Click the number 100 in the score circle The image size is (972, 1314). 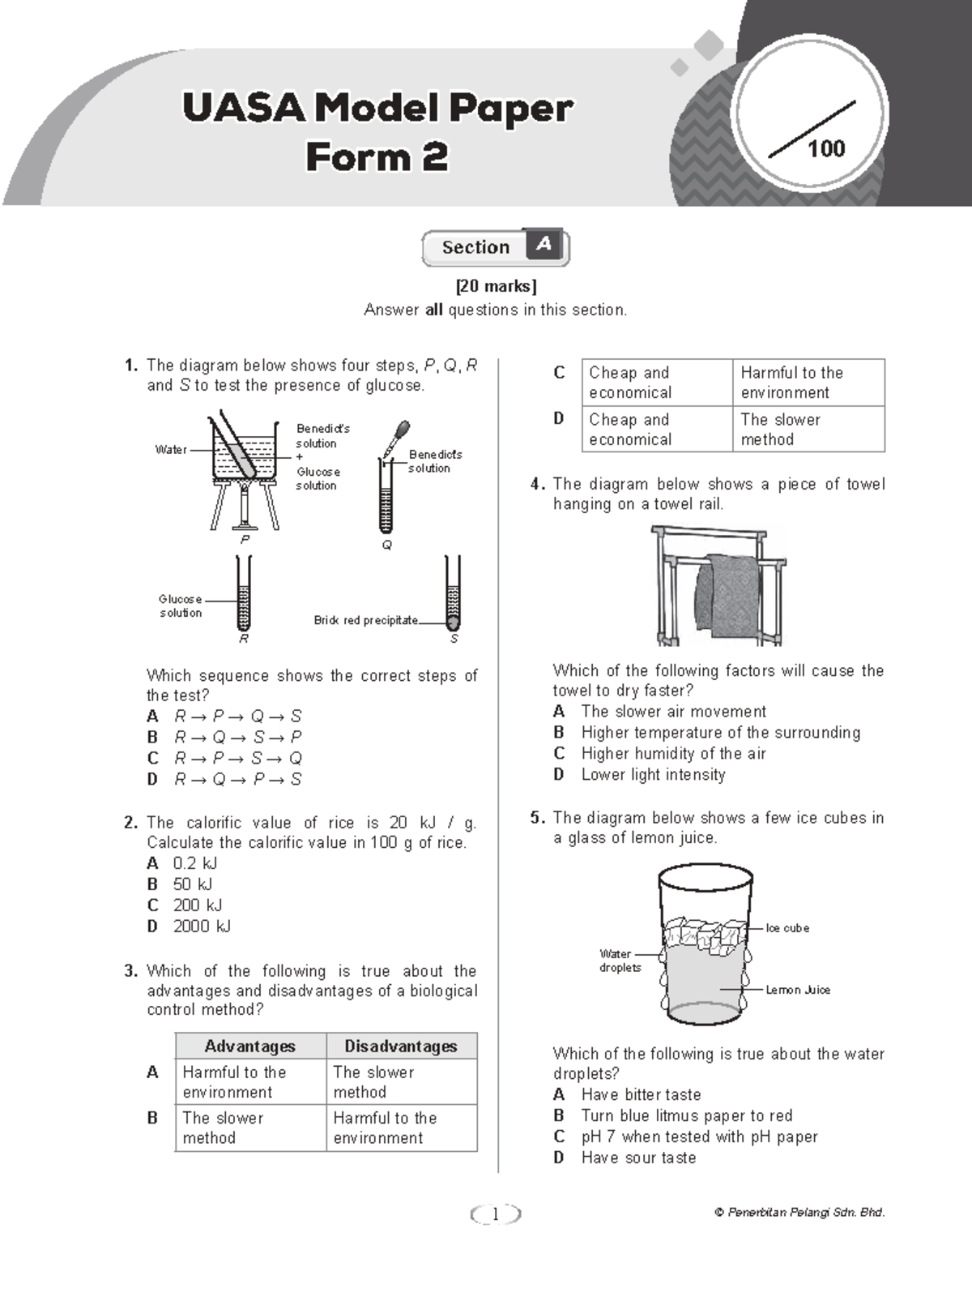(825, 148)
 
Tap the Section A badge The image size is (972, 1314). (496, 247)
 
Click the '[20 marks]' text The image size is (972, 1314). (496, 286)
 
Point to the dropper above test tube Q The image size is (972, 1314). (397, 438)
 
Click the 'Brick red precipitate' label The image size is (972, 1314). (366, 620)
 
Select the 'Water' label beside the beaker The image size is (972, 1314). (171, 449)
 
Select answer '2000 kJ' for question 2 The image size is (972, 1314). (202, 926)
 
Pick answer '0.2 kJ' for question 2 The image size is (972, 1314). (194, 862)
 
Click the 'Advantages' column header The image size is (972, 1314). (249, 1046)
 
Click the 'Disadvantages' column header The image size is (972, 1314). (401, 1046)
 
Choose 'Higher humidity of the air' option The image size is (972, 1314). (673, 753)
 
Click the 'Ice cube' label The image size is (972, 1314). (787, 927)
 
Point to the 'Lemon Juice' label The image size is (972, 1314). (798, 990)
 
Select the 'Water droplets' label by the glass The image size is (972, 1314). (620, 961)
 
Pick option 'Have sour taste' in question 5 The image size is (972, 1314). (638, 1158)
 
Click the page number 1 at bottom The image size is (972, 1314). (495, 1213)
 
